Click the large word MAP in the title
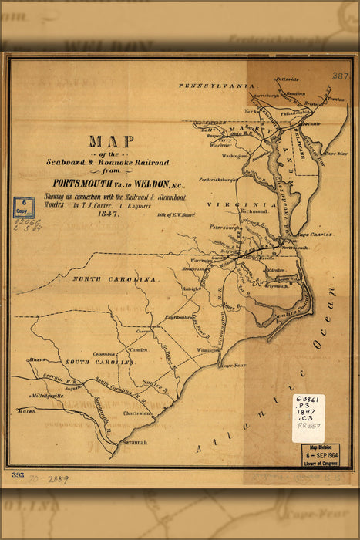click(111, 142)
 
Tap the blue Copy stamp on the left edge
click(23, 208)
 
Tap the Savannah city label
click(133, 443)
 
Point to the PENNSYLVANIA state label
click(217, 86)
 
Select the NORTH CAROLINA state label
click(115, 278)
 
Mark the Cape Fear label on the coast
click(232, 366)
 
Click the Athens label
click(36, 359)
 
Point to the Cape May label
click(336, 154)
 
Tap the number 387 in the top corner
click(340, 76)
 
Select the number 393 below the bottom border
click(18, 475)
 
